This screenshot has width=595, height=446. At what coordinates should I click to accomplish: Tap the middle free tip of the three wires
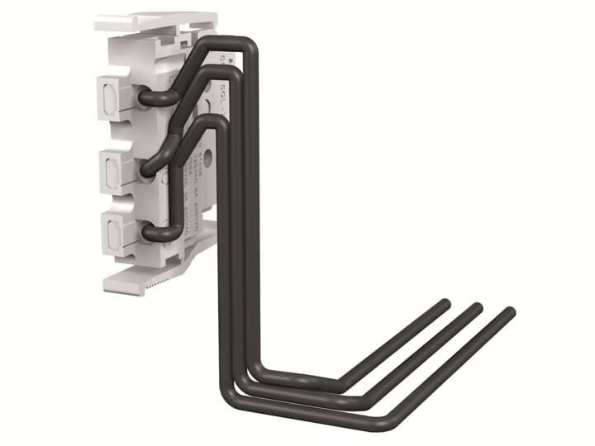pos(477,307)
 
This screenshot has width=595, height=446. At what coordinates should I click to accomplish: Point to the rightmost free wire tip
pos(510,312)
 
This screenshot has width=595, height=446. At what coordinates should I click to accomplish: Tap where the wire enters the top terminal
pos(145,98)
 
